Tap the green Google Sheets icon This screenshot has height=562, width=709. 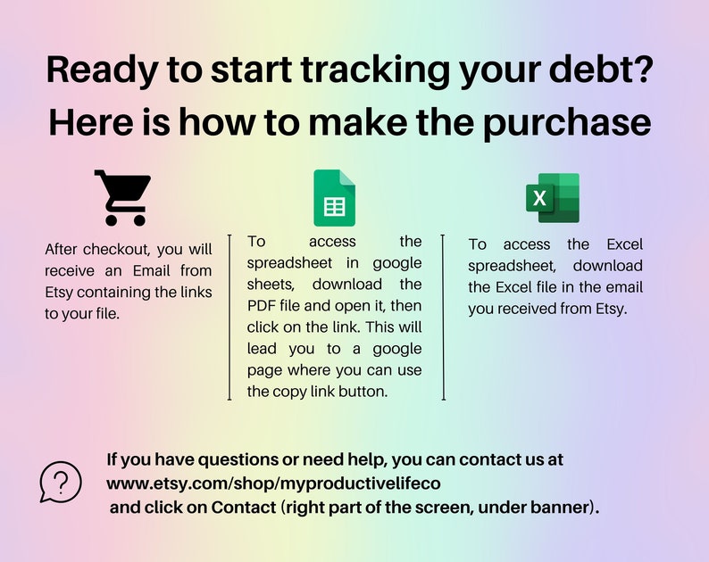pyautogui.click(x=334, y=198)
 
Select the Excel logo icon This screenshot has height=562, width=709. pyautogui.click(x=553, y=198)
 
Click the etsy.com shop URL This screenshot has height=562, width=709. pyautogui.click(x=273, y=483)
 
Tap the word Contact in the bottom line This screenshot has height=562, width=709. pyautogui.click(x=241, y=508)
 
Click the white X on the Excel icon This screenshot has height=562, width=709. pyautogui.click(x=539, y=198)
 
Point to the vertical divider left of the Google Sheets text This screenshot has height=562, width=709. pyautogui.click(x=231, y=317)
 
